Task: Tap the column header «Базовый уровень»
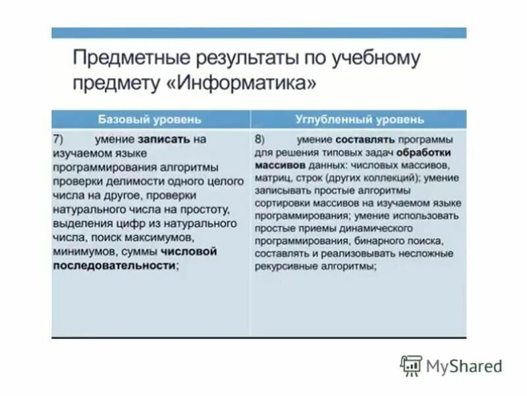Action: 150,119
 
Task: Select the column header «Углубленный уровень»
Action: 360,119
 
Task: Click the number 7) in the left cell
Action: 58,140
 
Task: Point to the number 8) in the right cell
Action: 260,140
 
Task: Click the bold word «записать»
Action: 164,140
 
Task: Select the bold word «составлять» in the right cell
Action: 365,140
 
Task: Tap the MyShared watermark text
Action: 464,366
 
